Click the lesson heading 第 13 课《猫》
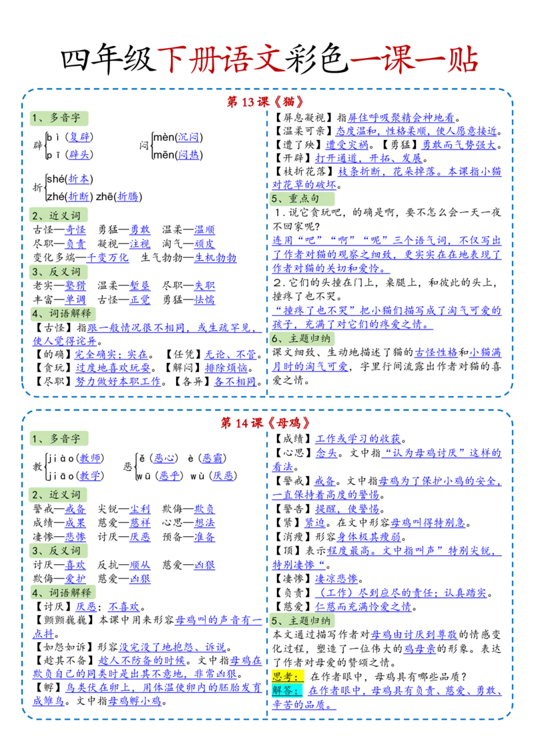[x=266, y=101]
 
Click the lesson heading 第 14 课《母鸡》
[x=266, y=423]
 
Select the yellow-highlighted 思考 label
[x=287, y=676]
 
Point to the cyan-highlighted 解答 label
[x=287, y=690]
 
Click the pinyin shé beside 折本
[x=55, y=179]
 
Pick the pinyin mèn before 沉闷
[x=164, y=137]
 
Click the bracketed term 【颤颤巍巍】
[x=65, y=620]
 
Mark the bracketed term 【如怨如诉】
[x=65, y=647]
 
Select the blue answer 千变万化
[x=107, y=257]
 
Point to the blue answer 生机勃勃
[x=216, y=257]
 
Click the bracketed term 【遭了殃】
[x=298, y=145]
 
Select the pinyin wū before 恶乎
[x=144, y=476]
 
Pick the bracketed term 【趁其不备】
[x=65, y=660]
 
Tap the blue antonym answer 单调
[x=75, y=299]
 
